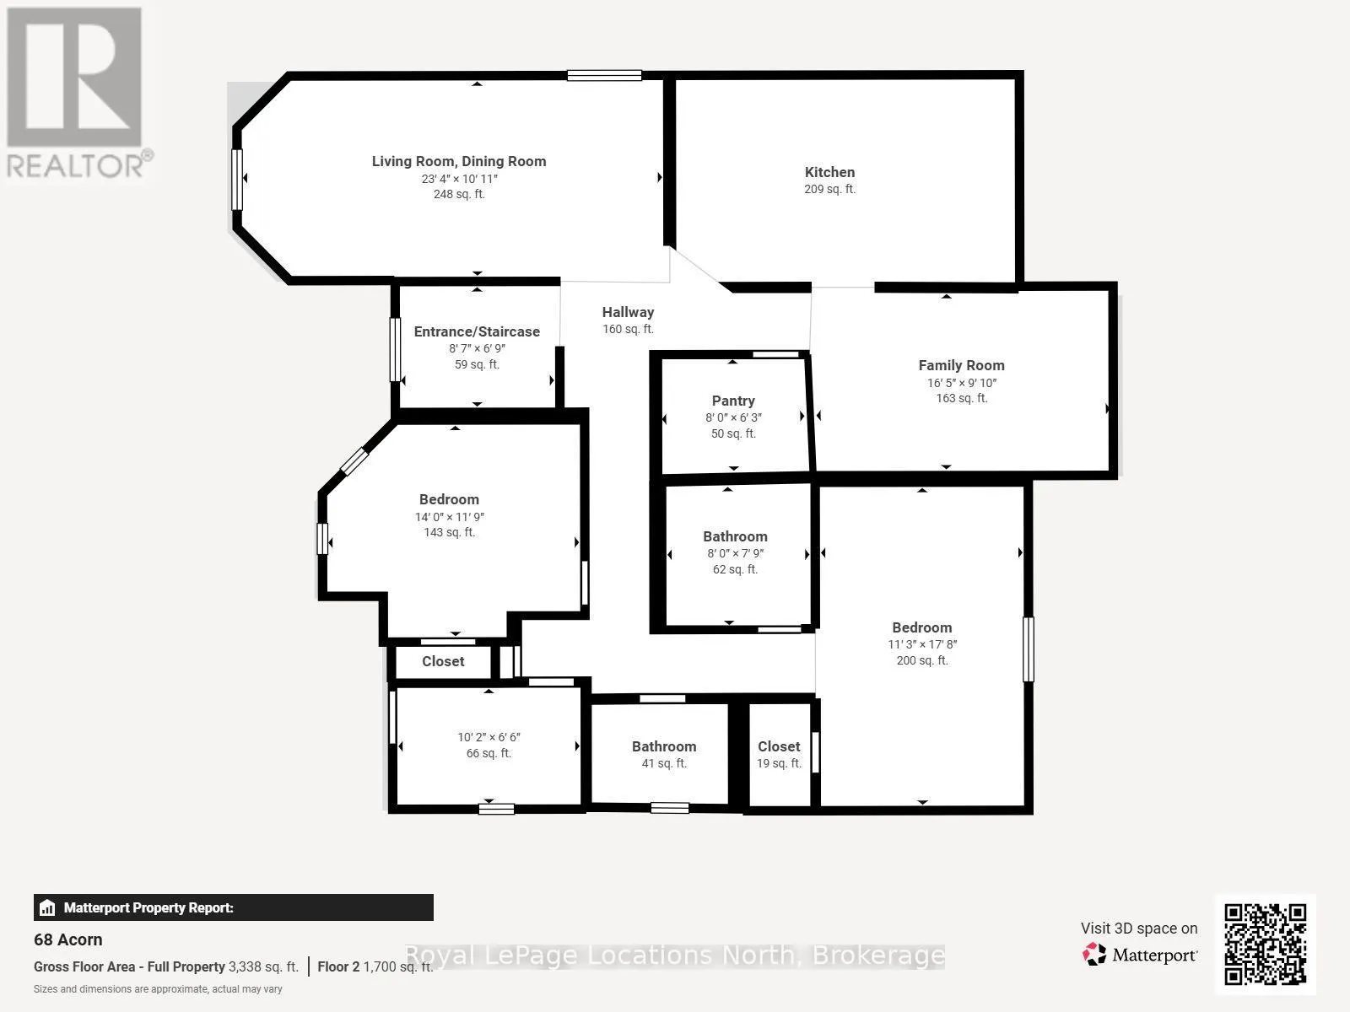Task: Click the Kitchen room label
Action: pyautogui.click(x=829, y=172)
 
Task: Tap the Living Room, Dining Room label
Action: pyautogui.click(x=459, y=161)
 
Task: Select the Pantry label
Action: pyautogui.click(x=733, y=401)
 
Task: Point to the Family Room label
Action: pyautogui.click(x=961, y=365)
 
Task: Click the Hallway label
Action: pyautogui.click(x=628, y=312)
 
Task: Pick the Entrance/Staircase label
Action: pyautogui.click(x=477, y=331)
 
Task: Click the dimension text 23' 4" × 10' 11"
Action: pyautogui.click(x=459, y=179)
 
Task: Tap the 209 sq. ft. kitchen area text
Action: pyautogui.click(x=829, y=189)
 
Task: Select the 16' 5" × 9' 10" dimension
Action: pyautogui.click(x=962, y=383)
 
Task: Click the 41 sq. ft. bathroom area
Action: pyautogui.click(x=664, y=763)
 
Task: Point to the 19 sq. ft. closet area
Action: pyautogui.click(x=780, y=763)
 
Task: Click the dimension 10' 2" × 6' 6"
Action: pyautogui.click(x=489, y=737)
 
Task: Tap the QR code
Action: pyautogui.click(x=1265, y=945)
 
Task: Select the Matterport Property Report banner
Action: pyautogui.click(x=234, y=907)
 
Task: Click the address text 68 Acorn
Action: pyautogui.click(x=67, y=939)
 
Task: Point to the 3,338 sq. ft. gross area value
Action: pyautogui.click(x=263, y=966)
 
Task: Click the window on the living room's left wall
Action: pyautogui.click(x=237, y=180)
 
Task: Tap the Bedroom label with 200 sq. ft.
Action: pyautogui.click(x=922, y=627)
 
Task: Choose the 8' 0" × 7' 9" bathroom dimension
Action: pyautogui.click(x=736, y=553)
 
